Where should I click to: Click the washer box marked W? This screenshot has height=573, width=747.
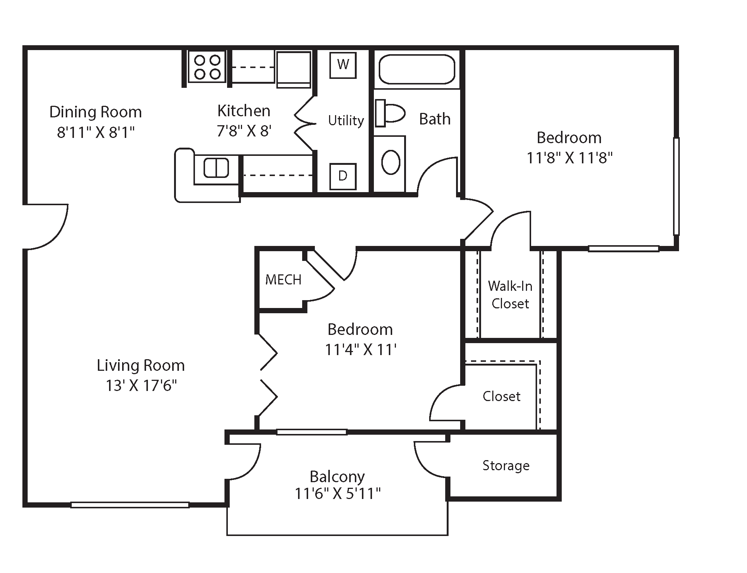point(343,65)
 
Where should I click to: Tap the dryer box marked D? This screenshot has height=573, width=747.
point(343,176)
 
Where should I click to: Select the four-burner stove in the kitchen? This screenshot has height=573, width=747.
point(207,67)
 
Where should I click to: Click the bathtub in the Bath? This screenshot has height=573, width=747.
point(417,70)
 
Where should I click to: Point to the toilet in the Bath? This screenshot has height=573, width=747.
point(391,113)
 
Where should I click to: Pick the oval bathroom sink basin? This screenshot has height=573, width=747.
point(391,162)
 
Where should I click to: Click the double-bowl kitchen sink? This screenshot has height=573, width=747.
point(216,168)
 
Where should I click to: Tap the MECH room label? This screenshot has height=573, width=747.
point(283,280)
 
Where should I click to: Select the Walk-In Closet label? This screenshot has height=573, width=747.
point(510,295)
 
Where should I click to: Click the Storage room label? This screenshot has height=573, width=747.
point(506,466)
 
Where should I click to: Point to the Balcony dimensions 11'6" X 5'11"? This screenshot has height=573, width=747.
point(338,494)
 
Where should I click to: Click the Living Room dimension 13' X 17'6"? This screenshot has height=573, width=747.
point(141,385)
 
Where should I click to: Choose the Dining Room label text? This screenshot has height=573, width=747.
point(96,112)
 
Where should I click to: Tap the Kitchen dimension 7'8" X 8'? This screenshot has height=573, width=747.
point(244,131)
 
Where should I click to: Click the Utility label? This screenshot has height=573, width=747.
point(346,120)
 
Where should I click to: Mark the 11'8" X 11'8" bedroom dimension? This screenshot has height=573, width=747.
point(569,158)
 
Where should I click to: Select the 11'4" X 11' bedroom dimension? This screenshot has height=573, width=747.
point(360,350)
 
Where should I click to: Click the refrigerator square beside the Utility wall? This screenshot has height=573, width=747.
point(294,69)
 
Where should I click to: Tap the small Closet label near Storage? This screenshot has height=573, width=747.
point(501,397)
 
